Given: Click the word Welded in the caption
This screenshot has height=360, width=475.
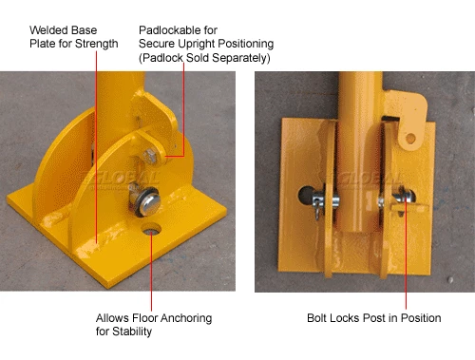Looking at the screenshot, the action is [x=46, y=30].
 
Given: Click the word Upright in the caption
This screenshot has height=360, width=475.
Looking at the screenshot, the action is [x=196, y=44].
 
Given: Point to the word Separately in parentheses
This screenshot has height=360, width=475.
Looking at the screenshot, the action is [x=241, y=58].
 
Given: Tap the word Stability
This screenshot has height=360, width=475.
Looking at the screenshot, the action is [x=132, y=332].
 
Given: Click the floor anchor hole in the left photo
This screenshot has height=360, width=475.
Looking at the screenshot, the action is [x=151, y=229].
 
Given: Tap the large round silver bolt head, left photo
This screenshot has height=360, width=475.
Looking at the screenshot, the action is [x=148, y=204].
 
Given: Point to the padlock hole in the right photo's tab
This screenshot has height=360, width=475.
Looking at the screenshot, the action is [x=410, y=138].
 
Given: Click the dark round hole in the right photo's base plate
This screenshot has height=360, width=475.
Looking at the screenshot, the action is [x=305, y=195].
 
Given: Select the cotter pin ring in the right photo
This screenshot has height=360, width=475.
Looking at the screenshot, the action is [x=317, y=210].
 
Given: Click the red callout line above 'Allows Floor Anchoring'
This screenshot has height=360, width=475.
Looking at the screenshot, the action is [x=151, y=271].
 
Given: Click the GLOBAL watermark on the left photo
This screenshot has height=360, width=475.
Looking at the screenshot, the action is [x=122, y=179].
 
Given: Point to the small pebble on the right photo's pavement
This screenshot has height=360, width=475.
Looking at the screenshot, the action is [x=450, y=280].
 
